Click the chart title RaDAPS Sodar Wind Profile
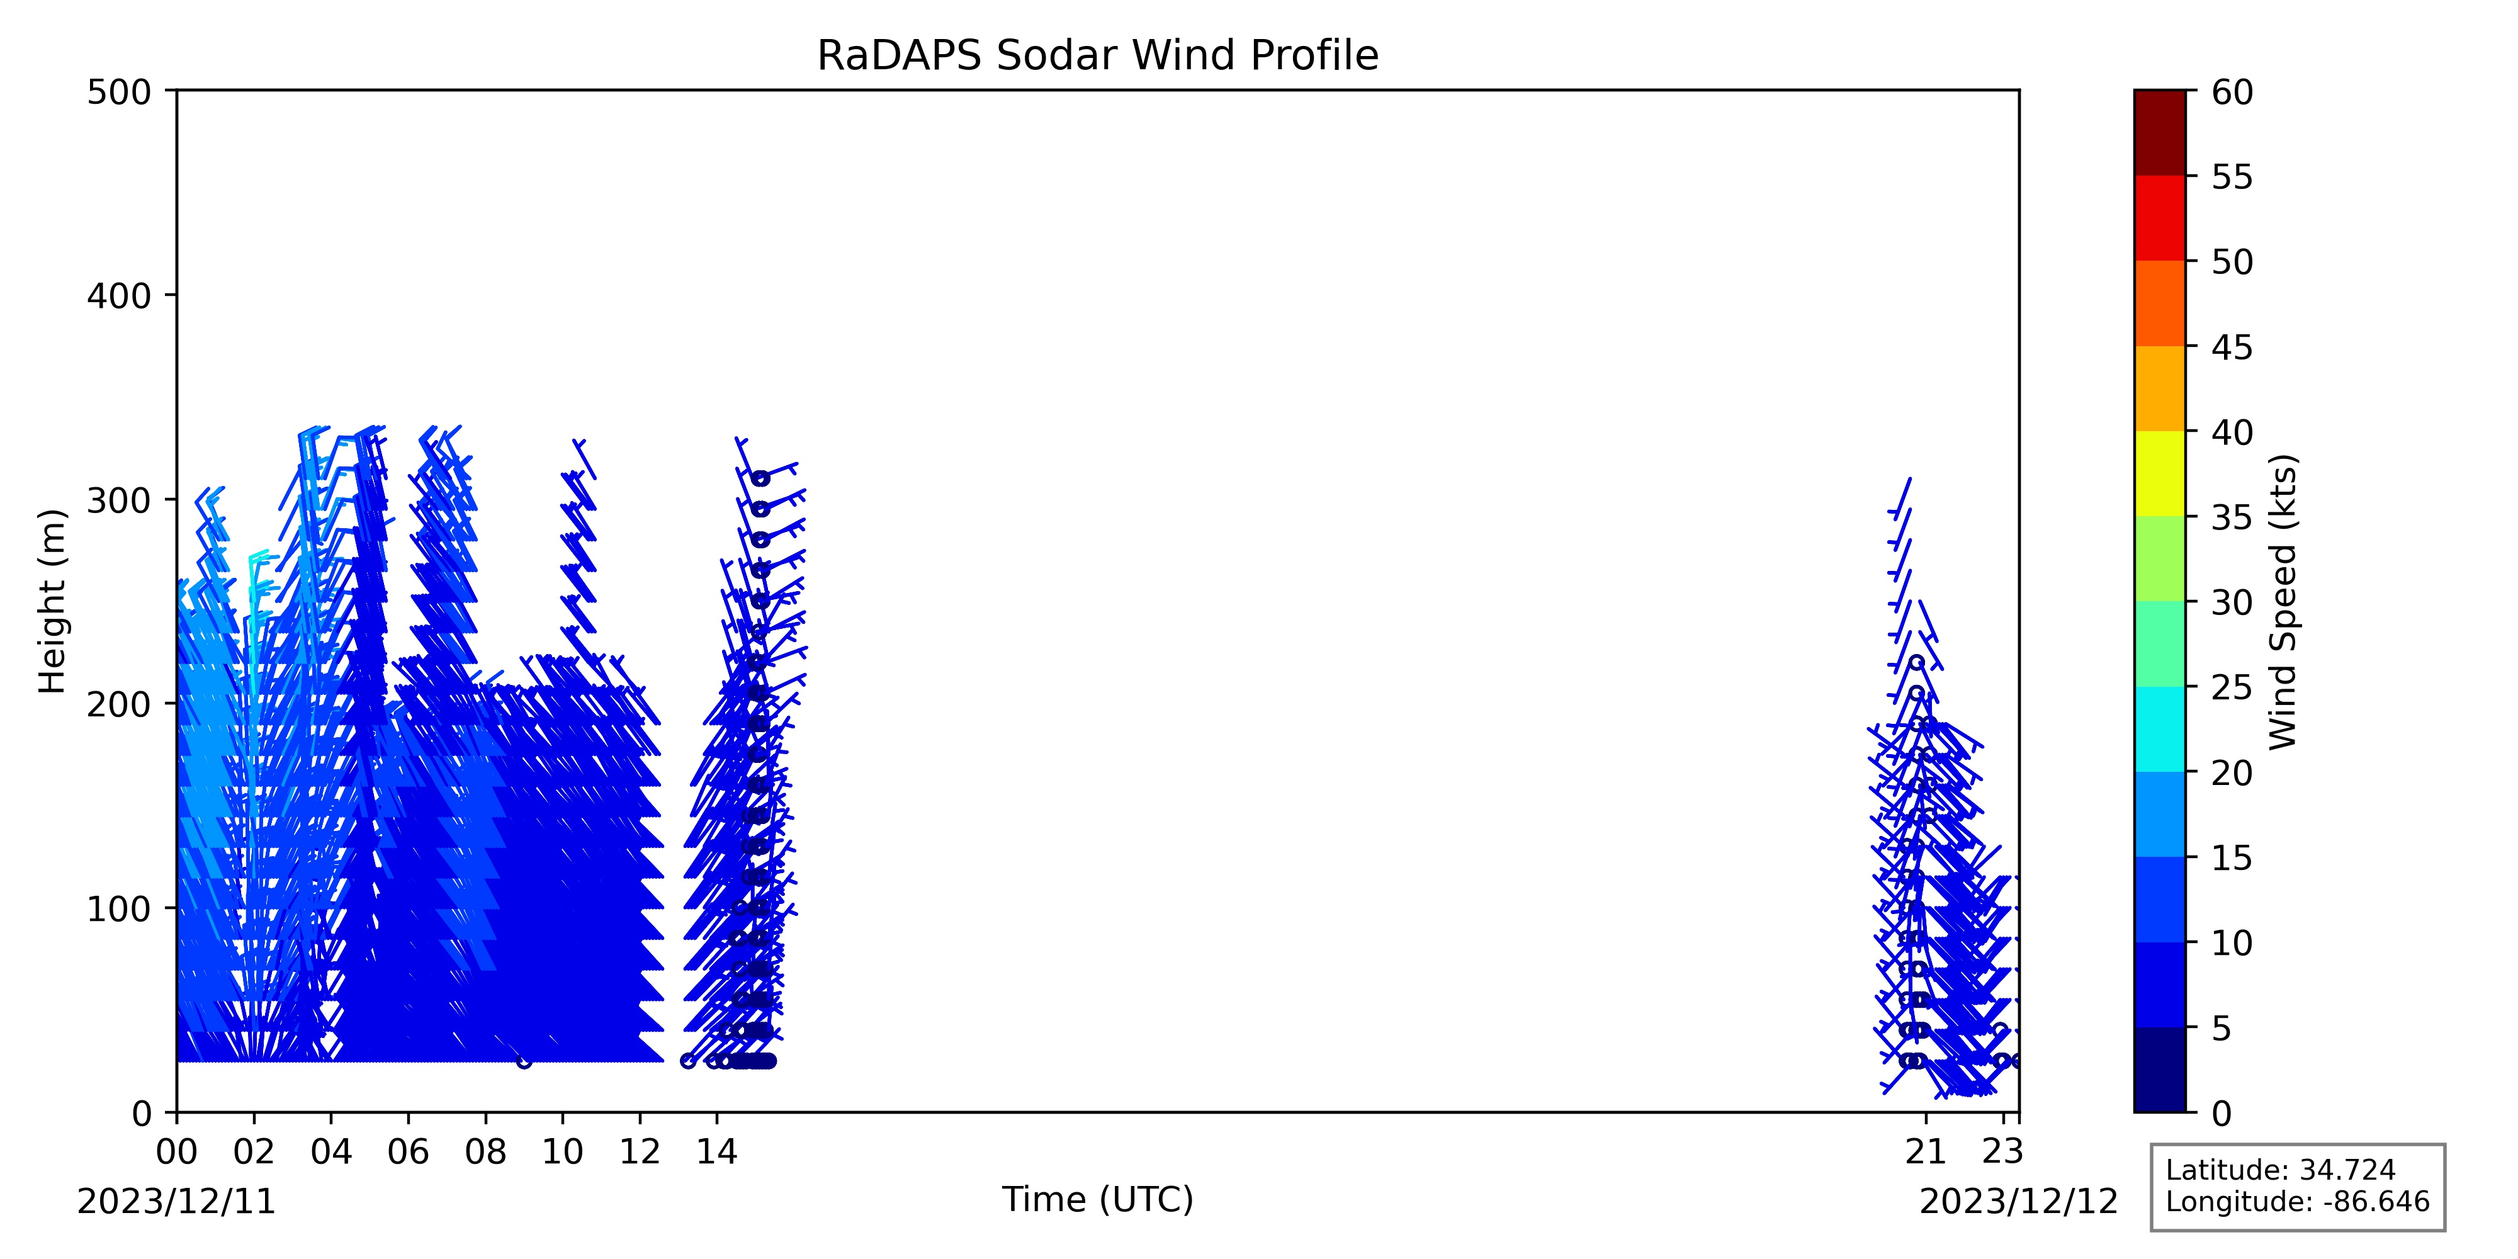coord(1098,56)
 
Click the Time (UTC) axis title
coord(1098,1199)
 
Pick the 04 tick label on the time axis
coord(331,1153)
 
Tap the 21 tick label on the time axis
coord(1926,1153)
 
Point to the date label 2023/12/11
coord(177,1201)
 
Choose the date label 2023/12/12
coord(2019,1201)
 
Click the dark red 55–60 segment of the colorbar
coord(2159,133)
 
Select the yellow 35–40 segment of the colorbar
coord(2159,473)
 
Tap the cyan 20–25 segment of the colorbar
coord(2159,728)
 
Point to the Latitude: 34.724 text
coord(2281,1170)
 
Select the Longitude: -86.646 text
coord(2297,1201)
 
